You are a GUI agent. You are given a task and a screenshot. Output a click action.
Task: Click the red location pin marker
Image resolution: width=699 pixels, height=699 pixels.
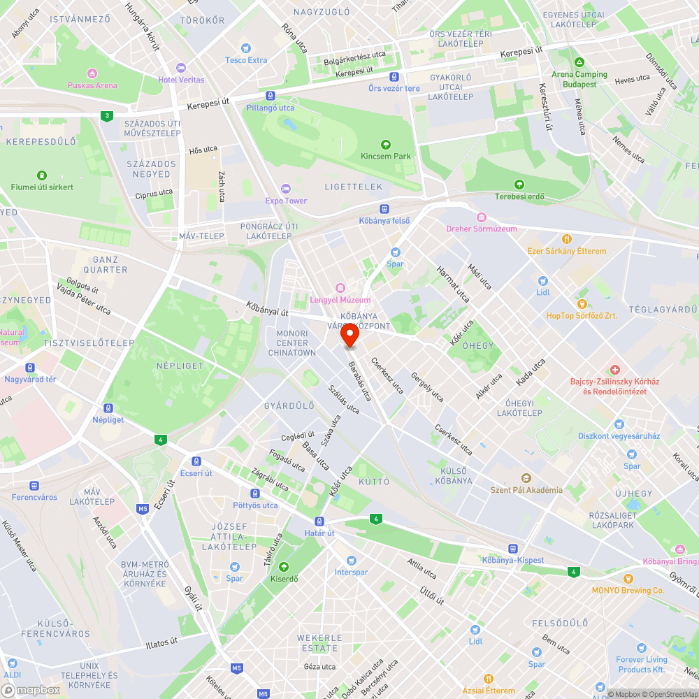pos(349,336)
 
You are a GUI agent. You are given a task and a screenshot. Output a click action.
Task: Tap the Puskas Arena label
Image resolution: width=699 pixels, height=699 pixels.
pos(92,85)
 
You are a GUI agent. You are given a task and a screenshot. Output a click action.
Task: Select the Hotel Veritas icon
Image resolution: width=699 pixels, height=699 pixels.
pos(181,68)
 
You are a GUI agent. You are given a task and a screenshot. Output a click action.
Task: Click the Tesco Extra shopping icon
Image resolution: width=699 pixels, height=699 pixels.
pos(246,48)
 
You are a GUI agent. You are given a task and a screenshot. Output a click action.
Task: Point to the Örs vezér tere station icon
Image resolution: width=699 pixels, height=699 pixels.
pos(394,77)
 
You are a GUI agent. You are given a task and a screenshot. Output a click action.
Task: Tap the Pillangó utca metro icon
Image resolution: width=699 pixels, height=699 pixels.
pos(271,96)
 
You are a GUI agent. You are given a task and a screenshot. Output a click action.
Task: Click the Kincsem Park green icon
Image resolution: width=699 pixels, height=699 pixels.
pos(386,144)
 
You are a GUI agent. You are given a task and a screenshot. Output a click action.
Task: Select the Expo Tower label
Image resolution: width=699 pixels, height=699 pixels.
pos(286,201)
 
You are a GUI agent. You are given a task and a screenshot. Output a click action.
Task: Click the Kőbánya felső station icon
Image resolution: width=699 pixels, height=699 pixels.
pos(384,209)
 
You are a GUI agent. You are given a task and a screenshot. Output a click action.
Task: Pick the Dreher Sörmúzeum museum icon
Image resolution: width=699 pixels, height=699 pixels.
pos(482,217)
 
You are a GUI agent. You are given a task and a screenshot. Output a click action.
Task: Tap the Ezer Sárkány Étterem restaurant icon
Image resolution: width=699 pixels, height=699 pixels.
pos(568,239)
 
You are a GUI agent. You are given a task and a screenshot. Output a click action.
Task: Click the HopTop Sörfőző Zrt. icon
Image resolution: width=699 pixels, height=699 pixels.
pos(582,303)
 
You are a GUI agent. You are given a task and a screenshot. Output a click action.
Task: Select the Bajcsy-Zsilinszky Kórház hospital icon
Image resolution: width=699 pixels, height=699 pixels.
pos(614,369)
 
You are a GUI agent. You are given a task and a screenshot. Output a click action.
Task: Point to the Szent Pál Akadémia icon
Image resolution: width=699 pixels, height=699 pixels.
pos(526,477)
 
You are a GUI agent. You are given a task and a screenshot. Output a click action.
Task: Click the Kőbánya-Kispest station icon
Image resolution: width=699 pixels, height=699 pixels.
pos(513,549)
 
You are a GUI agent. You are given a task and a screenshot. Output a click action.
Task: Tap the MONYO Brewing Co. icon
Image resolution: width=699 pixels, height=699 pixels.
pos(628,579)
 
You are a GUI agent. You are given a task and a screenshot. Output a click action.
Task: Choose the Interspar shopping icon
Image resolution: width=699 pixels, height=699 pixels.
pos(351,561)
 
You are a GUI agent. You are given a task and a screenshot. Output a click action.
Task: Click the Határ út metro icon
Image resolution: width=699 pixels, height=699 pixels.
pos(319,521)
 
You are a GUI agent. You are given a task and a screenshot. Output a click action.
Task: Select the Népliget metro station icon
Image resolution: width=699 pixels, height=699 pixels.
pos(108,408)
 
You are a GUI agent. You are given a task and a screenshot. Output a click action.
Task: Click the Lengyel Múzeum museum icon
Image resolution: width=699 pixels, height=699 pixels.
pos(340,288)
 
